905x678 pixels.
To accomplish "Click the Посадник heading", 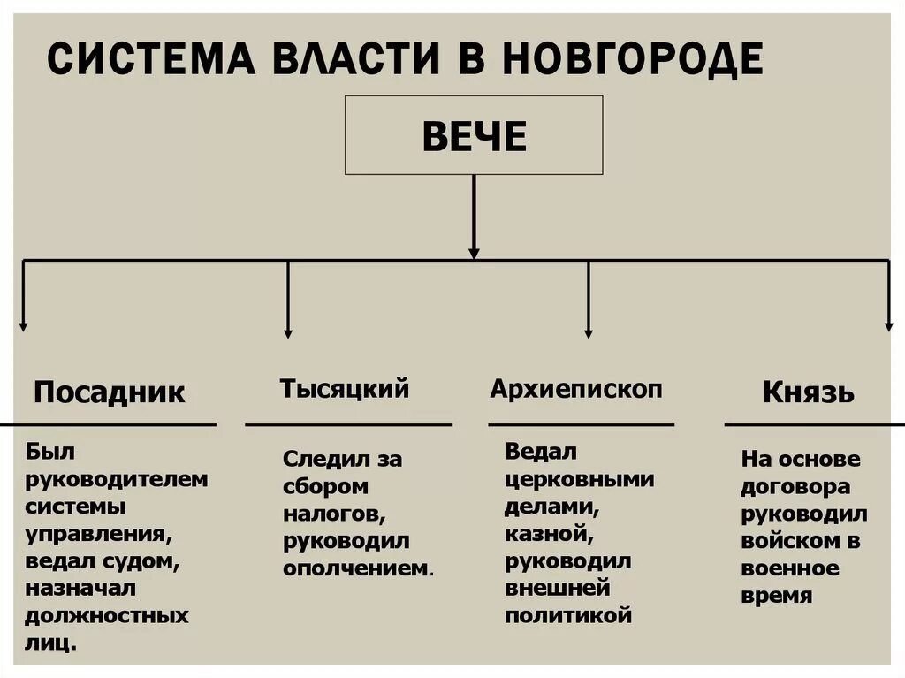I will coord(110,392).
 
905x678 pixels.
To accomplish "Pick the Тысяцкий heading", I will coord(344,388).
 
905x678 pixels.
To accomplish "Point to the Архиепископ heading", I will coord(576,388).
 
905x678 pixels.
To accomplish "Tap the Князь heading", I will coord(808,392).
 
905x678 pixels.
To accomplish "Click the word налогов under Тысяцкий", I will coord(331,514).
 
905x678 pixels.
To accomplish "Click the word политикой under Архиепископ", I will coord(568,615).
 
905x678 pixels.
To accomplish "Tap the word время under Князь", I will coord(776,596).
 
